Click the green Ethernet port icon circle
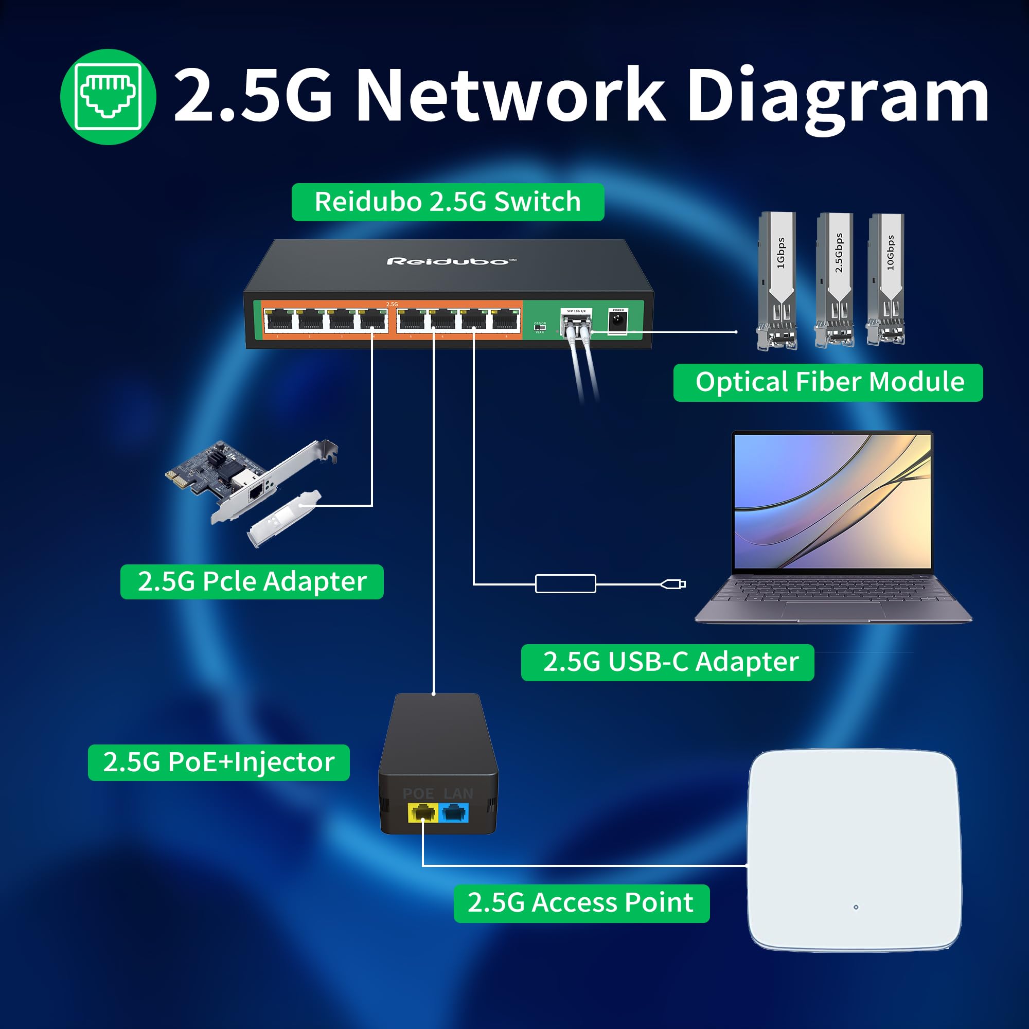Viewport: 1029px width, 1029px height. coord(108,97)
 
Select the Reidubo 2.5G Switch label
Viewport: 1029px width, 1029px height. coord(448,202)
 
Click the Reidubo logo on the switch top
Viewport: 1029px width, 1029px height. coord(451,261)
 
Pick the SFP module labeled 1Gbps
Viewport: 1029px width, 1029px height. coord(777,281)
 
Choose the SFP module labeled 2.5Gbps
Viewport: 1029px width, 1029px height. coord(835,281)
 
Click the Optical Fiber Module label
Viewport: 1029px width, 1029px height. coord(828,382)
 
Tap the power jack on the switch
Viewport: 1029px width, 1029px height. coord(617,321)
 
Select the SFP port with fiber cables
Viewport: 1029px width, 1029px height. coord(576,321)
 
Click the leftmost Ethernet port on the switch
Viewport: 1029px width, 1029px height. coord(278,321)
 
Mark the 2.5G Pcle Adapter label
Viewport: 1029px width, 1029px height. coord(252,581)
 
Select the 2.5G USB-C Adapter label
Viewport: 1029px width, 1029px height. coord(667,662)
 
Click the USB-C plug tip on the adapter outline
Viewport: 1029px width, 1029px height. coord(681,584)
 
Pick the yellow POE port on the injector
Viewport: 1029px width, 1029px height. coord(422,813)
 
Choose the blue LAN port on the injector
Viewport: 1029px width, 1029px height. coord(454,813)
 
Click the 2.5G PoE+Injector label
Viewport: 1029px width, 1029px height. coord(218,762)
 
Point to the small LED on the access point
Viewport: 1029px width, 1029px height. coord(856,907)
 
